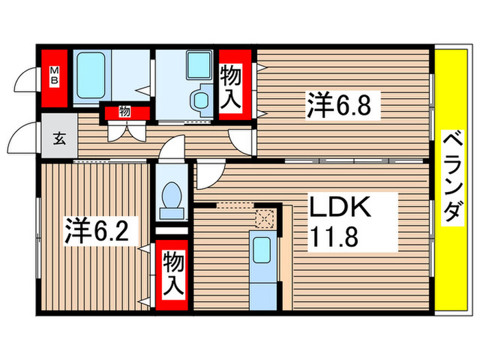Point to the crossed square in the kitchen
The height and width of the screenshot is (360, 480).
[265, 218]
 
